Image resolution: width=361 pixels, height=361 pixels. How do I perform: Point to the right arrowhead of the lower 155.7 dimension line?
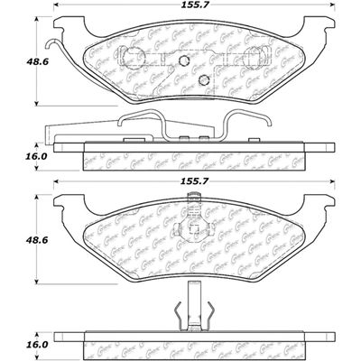[x=313, y=192]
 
